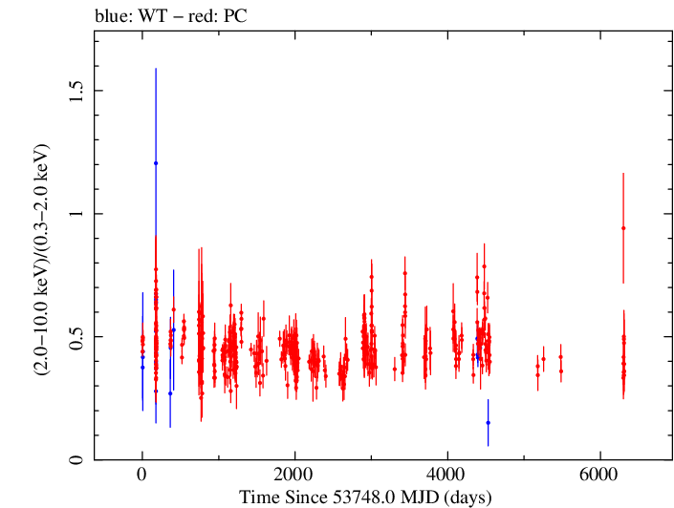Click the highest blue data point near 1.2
click(156, 163)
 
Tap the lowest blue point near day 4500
click(488, 422)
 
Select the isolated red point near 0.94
click(623, 228)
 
